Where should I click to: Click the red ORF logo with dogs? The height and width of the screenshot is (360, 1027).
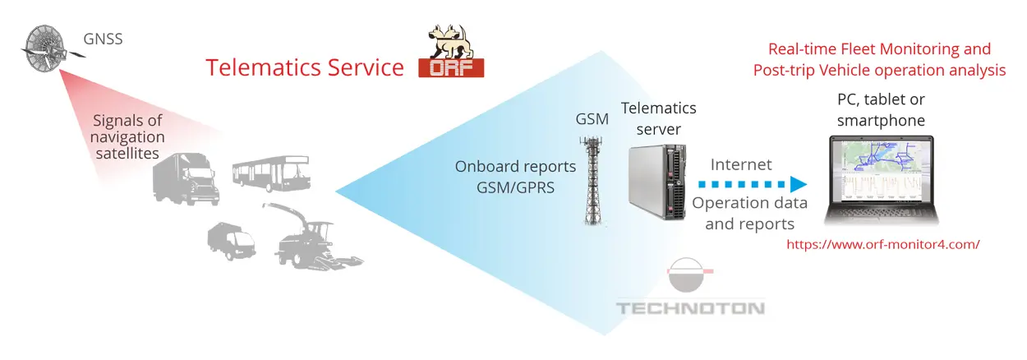point(451,52)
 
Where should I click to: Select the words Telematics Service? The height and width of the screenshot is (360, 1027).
point(304,67)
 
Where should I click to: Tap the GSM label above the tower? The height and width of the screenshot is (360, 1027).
point(592,119)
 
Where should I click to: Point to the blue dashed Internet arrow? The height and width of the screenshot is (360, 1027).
point(744,184)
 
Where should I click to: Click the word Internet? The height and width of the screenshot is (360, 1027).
point(741,165)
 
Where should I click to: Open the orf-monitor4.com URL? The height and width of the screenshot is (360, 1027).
point(883,244)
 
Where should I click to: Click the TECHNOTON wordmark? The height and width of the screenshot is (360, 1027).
point(690,309)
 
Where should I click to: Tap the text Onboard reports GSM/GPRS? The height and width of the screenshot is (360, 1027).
point(504,176)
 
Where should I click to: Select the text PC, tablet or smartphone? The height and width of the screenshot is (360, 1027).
point(881,110)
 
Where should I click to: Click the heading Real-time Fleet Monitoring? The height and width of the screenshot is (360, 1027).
point(879,49)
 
